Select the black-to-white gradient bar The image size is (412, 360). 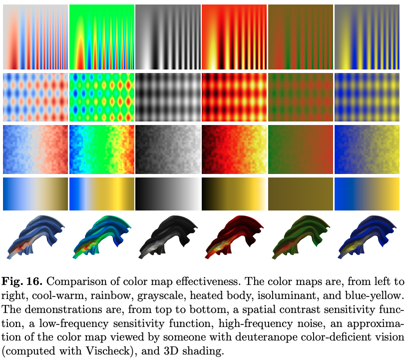(x=168, y=194)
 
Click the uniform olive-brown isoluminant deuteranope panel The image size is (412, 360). (x=300, y=194)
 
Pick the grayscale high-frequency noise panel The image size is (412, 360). (x=168, y=148)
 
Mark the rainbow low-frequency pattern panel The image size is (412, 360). (x=102, y=96)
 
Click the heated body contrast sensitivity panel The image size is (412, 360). (x=234, y=36)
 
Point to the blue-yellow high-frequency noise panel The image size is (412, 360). (x=367, y=148)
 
